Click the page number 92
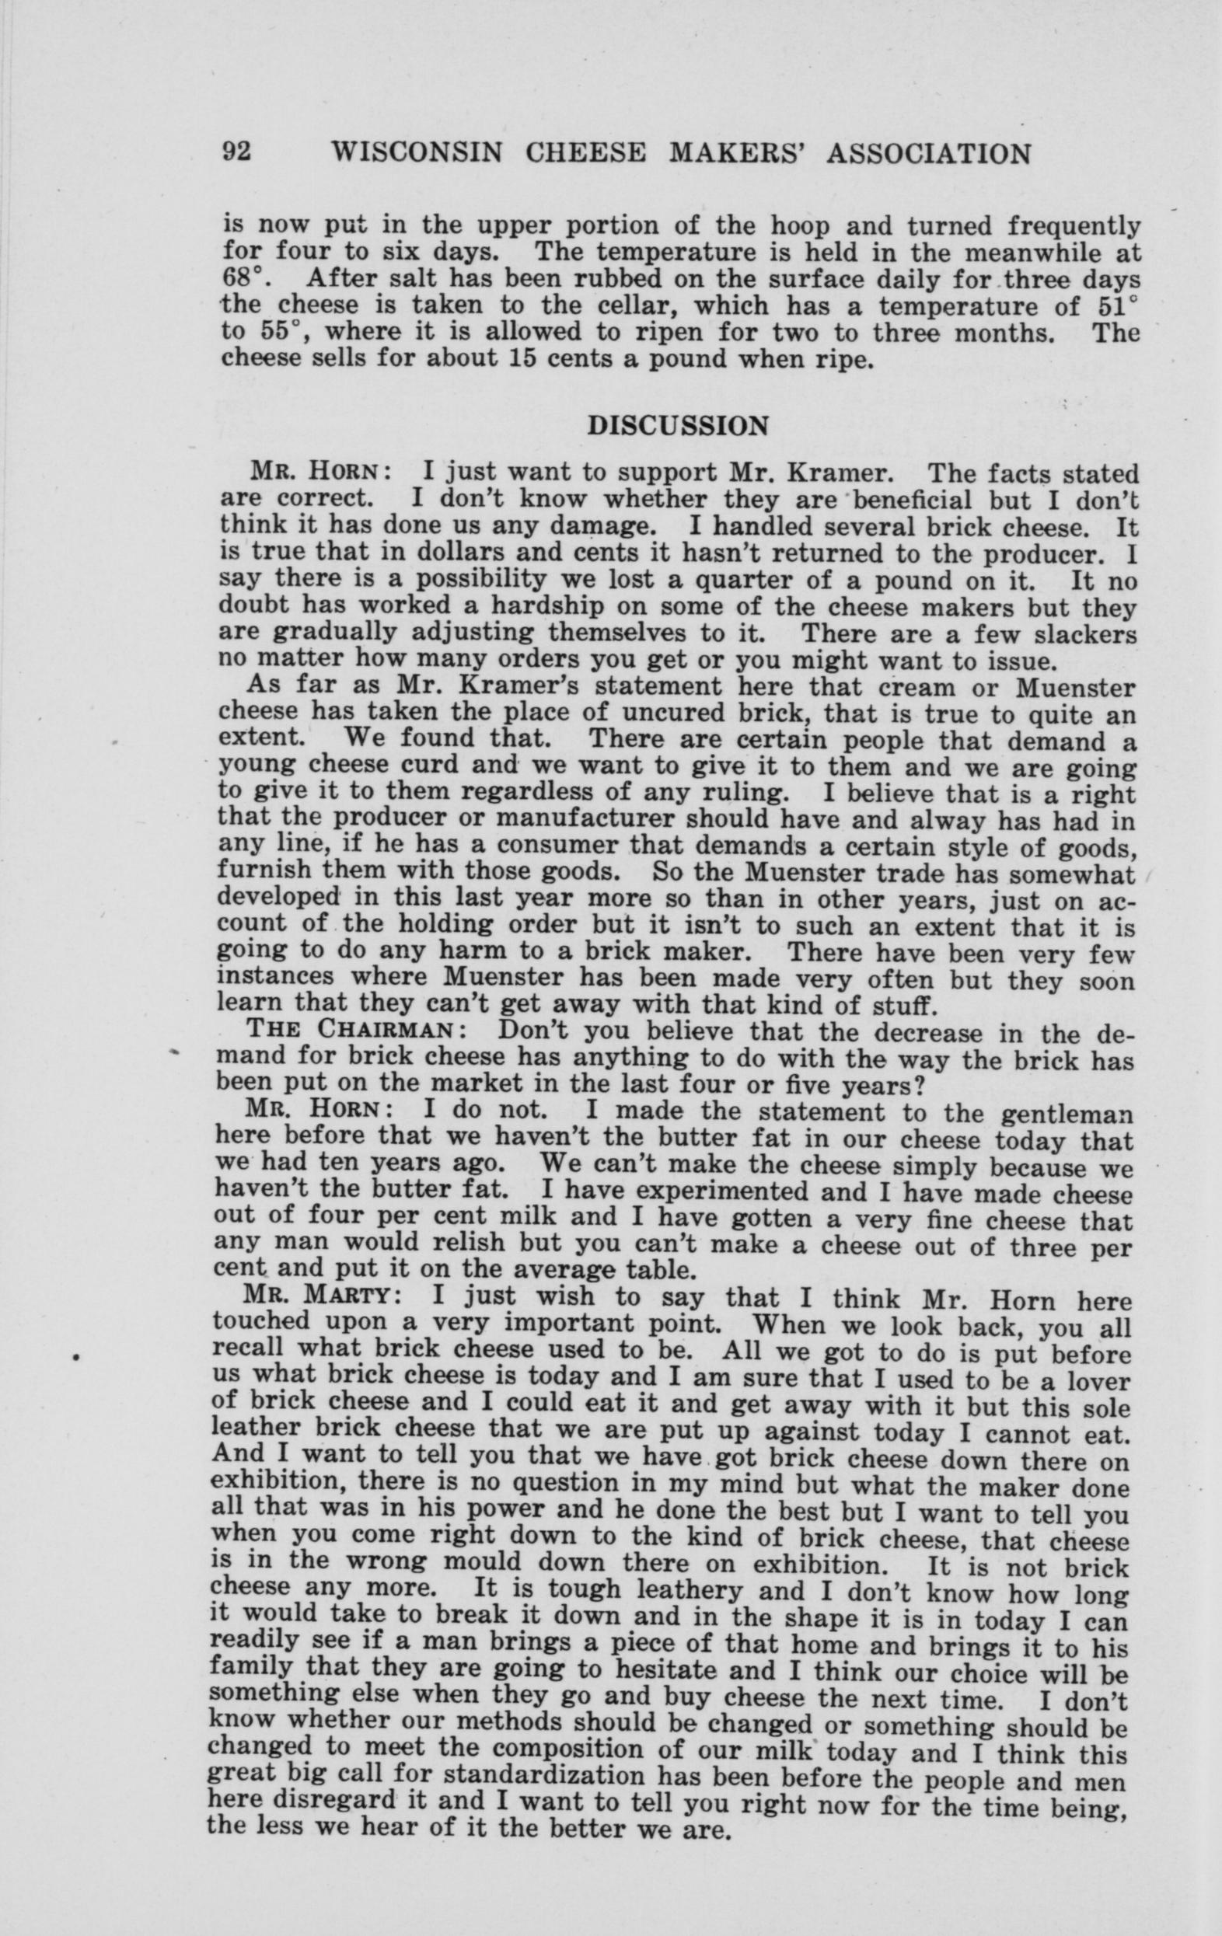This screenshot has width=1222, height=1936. pos(238,152)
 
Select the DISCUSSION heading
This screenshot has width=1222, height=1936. pos(679,425)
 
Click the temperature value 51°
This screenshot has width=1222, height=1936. pos(1118,305)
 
